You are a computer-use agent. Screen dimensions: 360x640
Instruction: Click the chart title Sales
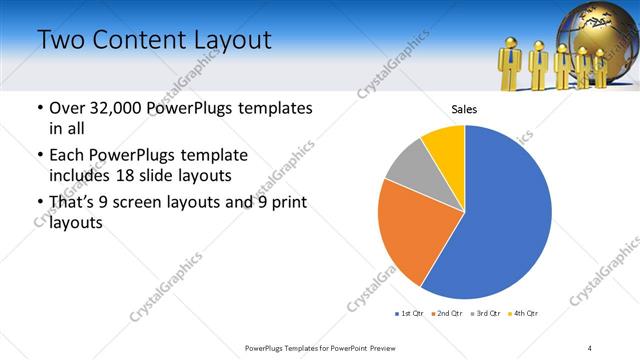coord(464,110)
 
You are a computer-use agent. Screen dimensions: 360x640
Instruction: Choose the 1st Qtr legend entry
coord(410,315)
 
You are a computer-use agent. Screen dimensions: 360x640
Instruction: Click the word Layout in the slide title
coord(220,41)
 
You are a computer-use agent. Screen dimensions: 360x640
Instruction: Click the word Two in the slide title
coord(61,41)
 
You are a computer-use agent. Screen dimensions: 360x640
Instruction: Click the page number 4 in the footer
coord(590,347)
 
